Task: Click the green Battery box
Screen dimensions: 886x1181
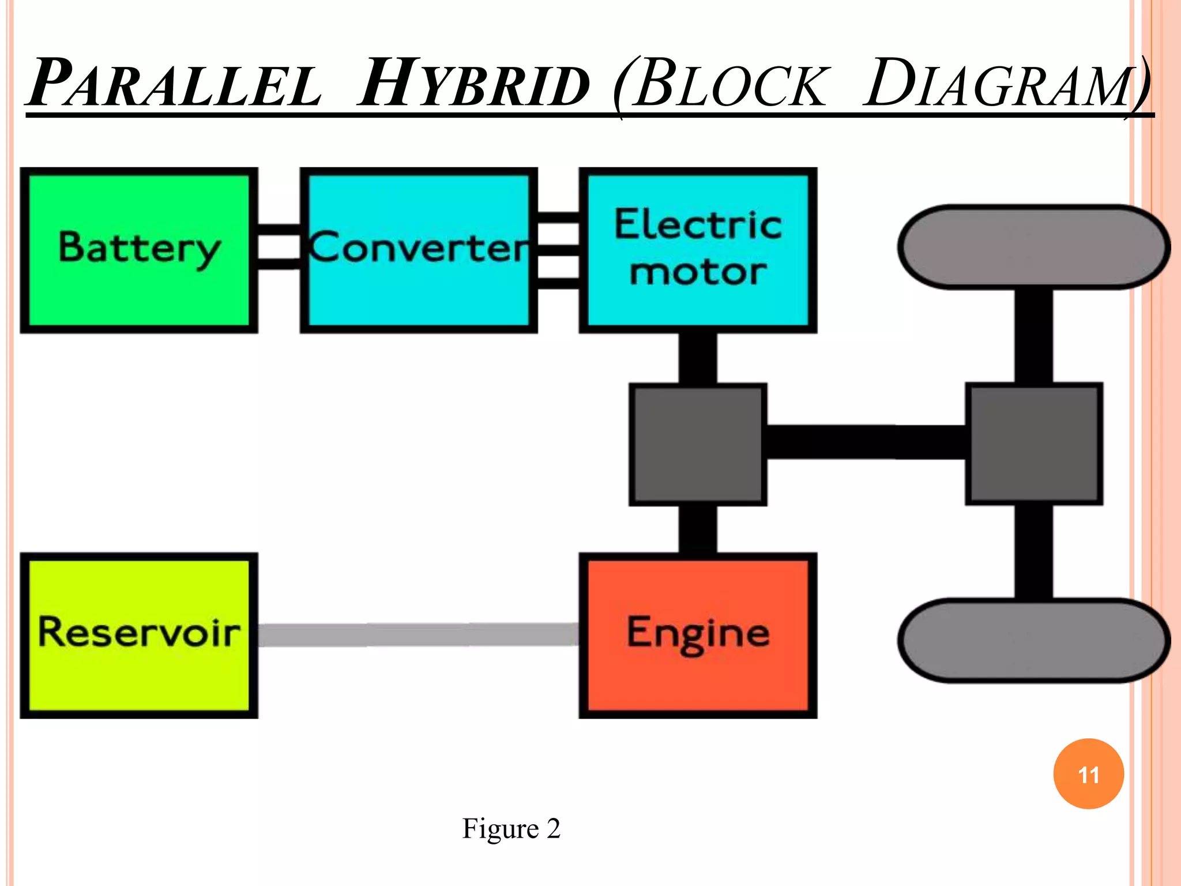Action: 138,250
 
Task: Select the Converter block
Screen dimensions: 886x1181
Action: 419,250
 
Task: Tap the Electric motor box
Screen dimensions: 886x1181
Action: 698,250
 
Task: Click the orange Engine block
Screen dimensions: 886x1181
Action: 698,635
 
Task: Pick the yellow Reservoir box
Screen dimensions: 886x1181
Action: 138,635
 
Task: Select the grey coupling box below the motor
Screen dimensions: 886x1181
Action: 698,444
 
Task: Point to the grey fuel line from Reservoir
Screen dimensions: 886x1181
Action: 418,635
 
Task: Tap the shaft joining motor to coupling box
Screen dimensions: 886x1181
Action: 698,358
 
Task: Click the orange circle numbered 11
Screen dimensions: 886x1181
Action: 1088,774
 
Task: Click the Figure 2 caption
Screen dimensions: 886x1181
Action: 511,829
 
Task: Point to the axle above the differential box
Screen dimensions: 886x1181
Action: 1033,335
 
